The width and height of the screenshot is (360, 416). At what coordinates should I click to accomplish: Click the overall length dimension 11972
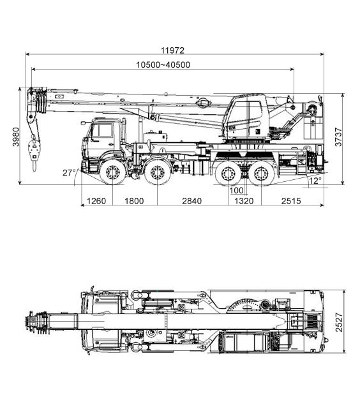[172, 50]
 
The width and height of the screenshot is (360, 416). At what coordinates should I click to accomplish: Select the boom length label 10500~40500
[163, 64]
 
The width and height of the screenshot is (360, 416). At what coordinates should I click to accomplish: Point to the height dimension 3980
[16, 137]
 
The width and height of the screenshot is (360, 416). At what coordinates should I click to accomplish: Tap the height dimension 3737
[338, 137]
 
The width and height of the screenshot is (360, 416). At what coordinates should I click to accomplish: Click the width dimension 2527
[339, 322]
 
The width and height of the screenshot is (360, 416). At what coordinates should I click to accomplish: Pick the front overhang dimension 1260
[96, 201]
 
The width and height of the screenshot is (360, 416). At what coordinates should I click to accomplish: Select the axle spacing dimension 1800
[134, 201]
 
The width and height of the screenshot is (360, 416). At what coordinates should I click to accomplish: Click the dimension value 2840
[192, 201]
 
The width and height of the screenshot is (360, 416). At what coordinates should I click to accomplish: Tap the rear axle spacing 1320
[244, 201]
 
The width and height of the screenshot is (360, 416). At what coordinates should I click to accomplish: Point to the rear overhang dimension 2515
[291, 201]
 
